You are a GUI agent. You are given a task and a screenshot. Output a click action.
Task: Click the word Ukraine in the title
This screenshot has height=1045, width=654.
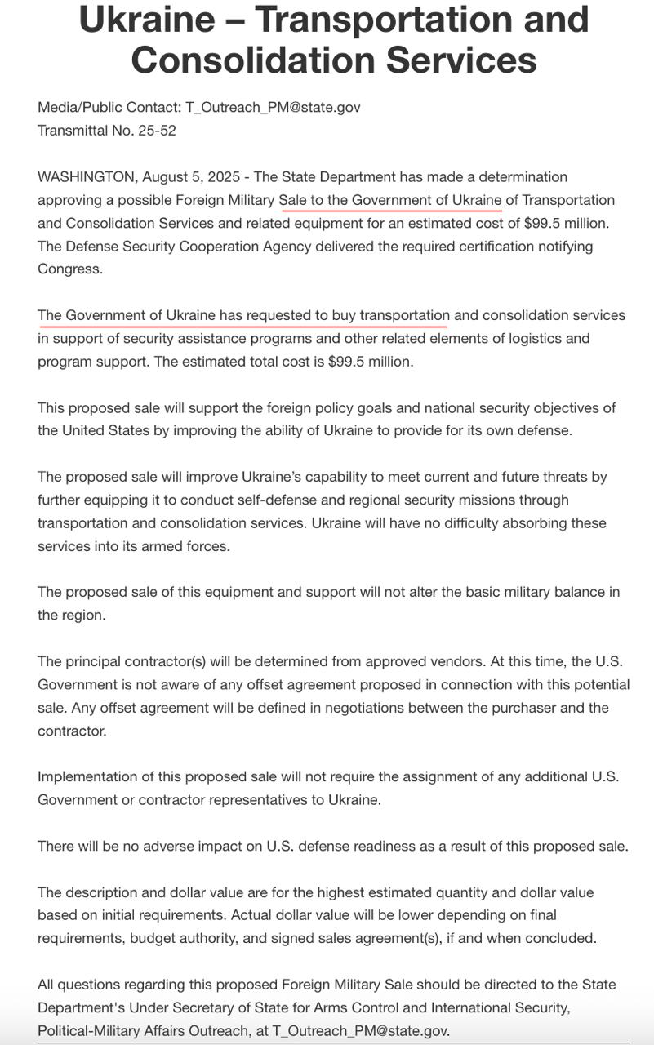[x=162, y=18]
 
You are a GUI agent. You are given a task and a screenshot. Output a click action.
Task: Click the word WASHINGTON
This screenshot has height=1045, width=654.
[x=86, y=177]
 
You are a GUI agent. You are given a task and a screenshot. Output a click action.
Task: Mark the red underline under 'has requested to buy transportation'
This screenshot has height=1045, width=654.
[x=242, y=326]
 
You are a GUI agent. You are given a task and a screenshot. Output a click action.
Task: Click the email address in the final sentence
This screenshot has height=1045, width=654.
[x=360, y=1031]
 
